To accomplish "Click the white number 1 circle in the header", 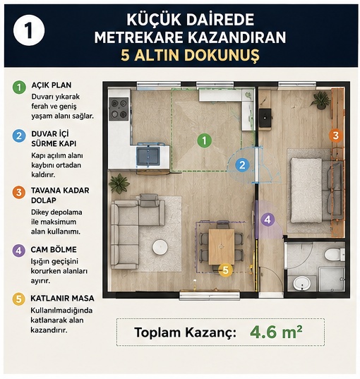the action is coord(29,30).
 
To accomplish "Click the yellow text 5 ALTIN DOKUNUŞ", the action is coord(190,55).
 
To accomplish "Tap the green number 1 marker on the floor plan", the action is coord(204,140).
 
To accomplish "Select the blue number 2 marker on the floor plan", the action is coord(242,165).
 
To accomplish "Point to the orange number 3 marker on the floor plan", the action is coord(335,136).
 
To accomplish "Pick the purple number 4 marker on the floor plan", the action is coord(268,219).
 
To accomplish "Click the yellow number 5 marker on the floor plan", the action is coord(225,270).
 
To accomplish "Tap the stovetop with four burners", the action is coord(119,109).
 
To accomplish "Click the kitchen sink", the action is coord(148,156).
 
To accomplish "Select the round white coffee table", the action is coord(160,247).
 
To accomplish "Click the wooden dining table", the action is coord(222,247).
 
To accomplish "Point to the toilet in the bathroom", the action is coord(335,254).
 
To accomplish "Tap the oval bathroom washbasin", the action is coord(301,283).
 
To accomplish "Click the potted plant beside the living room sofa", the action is coord(119,184).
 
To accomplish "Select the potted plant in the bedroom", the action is coord(320,101).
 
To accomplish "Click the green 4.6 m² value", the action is coord(276,332).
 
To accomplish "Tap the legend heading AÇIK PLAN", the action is coord(52,85).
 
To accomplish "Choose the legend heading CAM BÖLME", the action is coord(54,250).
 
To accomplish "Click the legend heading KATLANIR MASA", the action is coord(62,299).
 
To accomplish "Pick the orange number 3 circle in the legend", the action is coord(19,193).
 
